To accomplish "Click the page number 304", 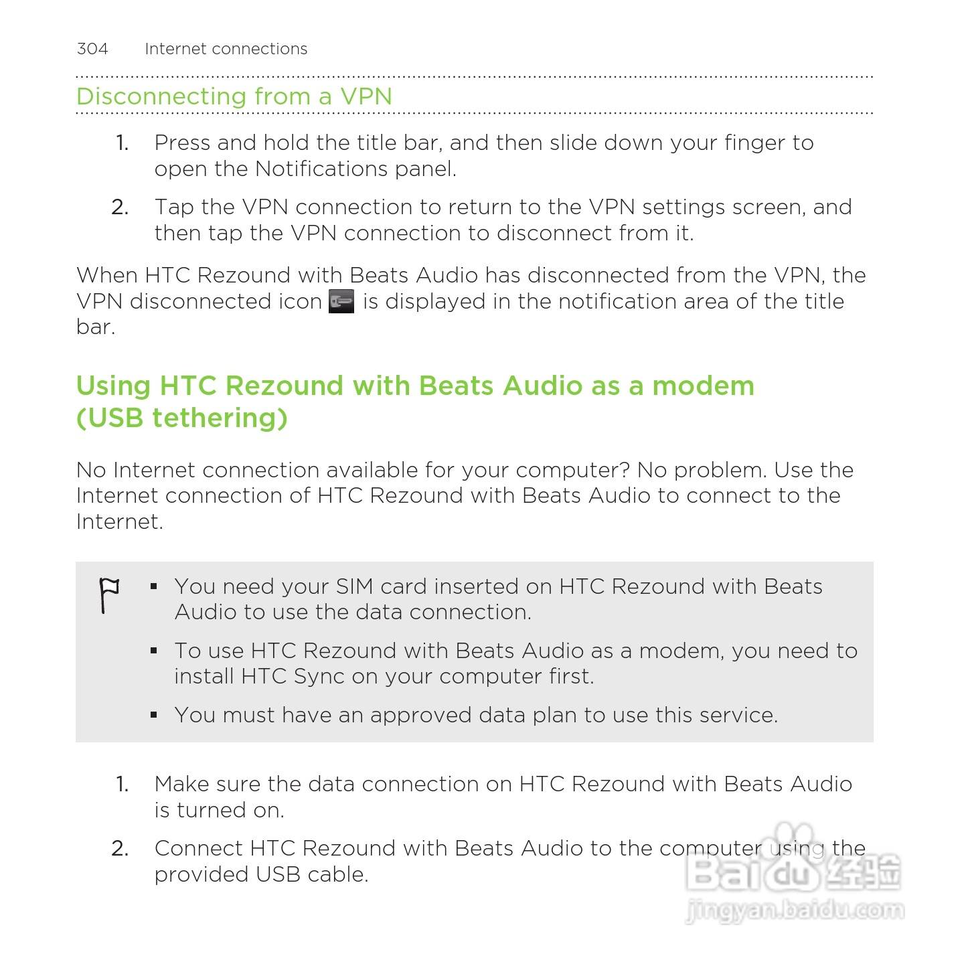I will [x=92, y=49].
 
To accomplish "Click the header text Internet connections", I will [x=226, y=49].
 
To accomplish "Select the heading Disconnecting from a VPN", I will [x=234, y=96].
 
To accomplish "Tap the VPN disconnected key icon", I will [x=341, y=301].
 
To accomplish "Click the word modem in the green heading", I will [x=703, y=386].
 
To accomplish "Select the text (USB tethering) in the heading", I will [x=182, y=418].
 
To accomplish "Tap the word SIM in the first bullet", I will [x=354, y=586].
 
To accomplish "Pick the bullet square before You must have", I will [x=154, y=715].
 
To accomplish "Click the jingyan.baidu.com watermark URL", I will [x=795, y=910].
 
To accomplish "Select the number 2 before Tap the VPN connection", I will [x=120, y=208].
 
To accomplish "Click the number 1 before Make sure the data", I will [x=122, y=784].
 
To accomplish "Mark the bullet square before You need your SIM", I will [x=154, y=586].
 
